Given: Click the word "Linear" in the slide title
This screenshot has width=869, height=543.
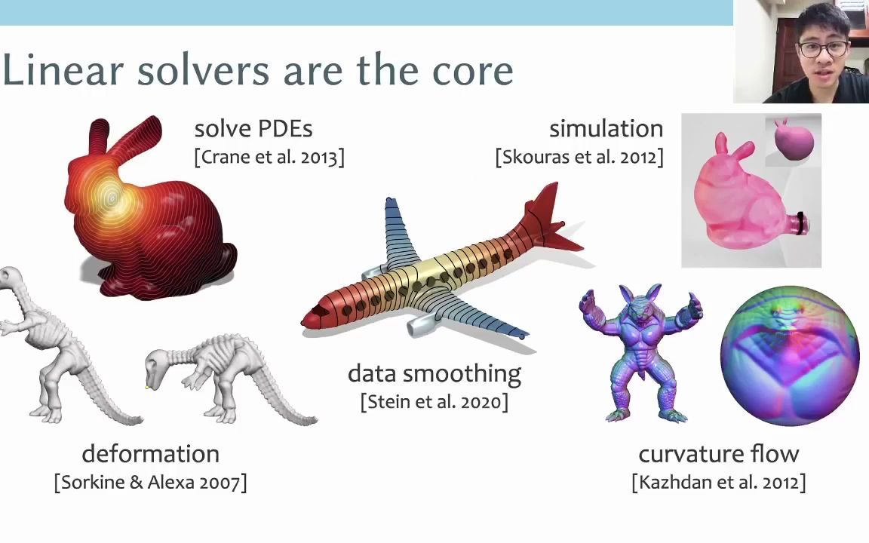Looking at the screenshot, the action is (x=63, y=70).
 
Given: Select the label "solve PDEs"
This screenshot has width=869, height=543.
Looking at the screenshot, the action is (x=253, y=128).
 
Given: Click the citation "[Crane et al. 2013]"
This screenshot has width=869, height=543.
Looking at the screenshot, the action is (x=269, y=157).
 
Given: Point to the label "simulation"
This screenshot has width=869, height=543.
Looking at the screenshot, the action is (x=606, y=128).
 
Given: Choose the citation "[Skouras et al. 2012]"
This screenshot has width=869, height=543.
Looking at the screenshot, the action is (x=579, y=157).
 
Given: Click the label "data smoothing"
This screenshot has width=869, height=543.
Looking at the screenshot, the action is (x=434, y=374).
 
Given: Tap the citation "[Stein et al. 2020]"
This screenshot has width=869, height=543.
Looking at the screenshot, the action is (x=434, y=402).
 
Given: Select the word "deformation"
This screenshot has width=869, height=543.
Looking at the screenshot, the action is (x=151, y=454).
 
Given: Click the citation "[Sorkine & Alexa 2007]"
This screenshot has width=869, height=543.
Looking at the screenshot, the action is (x=151, y=482).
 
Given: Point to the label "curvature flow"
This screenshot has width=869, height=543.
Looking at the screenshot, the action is (x=719, y=454).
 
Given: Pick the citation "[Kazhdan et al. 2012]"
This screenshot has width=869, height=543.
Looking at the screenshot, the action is (x=719, y=482).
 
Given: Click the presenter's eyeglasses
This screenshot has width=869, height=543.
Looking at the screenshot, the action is (x=823, y=49).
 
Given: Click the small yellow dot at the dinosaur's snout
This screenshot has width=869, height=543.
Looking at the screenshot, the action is (x=147, y=388).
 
